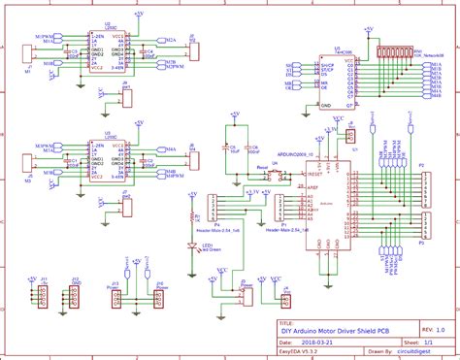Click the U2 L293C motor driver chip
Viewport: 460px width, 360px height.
[108, 53]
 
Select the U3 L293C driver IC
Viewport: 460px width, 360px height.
[108, 160]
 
